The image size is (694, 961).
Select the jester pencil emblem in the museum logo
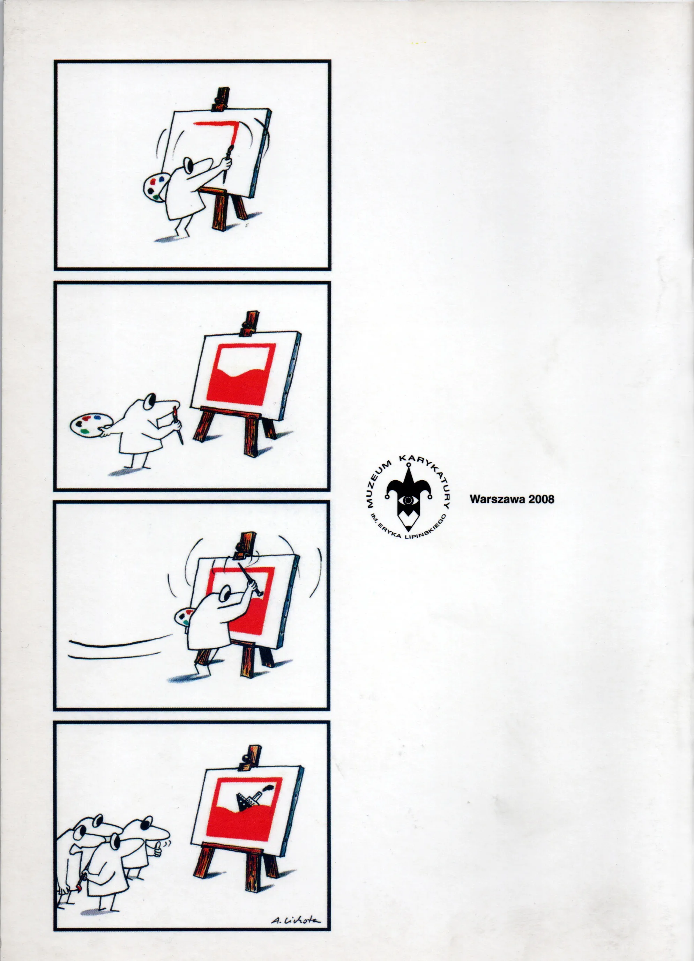tap(408, 498)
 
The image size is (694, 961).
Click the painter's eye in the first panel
tap(188, 165)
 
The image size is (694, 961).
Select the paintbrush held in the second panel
tap(178, 425)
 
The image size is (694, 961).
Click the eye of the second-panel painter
tap(149, 402)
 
